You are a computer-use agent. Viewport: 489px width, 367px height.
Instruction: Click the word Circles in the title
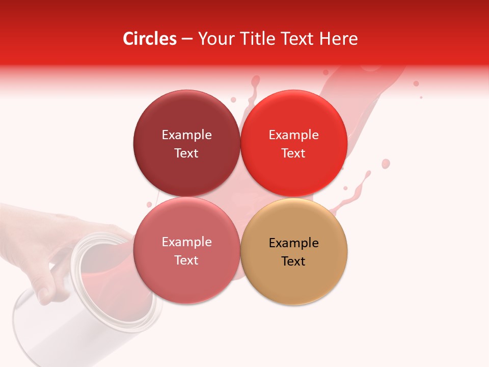pyautogui.click(x=149, y=39)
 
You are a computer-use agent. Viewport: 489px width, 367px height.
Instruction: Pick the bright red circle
pyautogui.click(x=294, y=171)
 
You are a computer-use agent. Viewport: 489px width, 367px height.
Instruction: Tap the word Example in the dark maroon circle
pyautogui.click(x=186, y=135)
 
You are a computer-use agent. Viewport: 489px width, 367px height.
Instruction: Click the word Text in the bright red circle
pyautogui.click(x=293, y=153)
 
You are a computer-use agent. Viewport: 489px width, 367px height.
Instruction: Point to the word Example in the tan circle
pyautogui.click(x=294, y=243)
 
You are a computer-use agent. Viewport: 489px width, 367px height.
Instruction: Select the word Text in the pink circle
pyautogui.click(x=186, y=260)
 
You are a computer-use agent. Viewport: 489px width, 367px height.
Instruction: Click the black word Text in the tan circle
pyautogui.click(x=293, y=261)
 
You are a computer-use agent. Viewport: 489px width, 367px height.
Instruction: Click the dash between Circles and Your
pyautogui.click(x=186, y=39)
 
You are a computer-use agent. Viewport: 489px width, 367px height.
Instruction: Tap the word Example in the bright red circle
pyautogui.click(x=294, y=135)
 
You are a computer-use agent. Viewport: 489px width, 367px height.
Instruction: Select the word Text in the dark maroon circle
pyautogui.click(x=186, y=153)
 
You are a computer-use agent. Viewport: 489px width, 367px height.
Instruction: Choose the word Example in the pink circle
pyautogui.click(x=186, y=242)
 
